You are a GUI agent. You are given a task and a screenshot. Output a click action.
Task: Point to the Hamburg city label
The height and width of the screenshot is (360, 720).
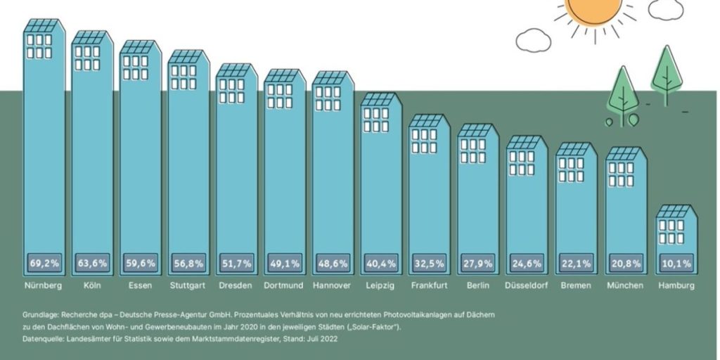pos(676,285)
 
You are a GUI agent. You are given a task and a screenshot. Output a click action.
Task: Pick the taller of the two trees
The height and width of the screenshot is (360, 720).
pos(667,70)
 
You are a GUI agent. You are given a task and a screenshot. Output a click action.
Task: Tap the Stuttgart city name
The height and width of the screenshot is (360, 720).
pos(188,285)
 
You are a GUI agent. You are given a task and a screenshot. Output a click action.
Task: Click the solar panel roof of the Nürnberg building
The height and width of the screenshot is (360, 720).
pos(42,25)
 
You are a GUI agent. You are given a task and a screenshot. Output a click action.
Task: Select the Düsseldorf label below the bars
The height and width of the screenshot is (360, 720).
pos(527,285)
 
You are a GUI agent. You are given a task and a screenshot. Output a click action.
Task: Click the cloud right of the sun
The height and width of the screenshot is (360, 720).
pos(665,9)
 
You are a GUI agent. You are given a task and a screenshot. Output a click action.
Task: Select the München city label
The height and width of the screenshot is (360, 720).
pos(624,285)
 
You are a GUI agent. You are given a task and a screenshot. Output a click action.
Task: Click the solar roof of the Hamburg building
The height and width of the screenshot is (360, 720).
pos(676,211)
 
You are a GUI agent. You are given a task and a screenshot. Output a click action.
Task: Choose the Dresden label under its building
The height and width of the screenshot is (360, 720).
pos(236,285)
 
